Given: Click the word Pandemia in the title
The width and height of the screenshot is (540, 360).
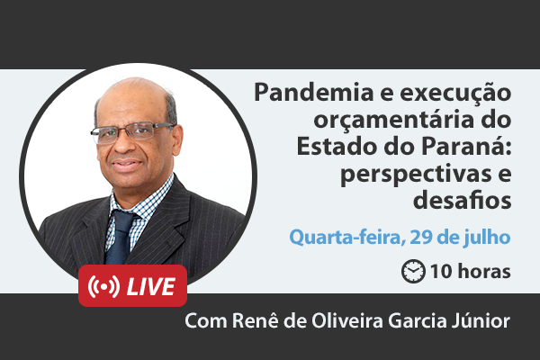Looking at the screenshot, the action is [314, 93].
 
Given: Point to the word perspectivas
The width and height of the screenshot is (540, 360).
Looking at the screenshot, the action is [416, 175].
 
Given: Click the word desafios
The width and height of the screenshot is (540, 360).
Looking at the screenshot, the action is [463, 200].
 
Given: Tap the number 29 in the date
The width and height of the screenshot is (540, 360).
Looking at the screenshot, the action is [421, 237].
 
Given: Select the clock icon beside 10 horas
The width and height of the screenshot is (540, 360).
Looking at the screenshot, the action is [413, 271].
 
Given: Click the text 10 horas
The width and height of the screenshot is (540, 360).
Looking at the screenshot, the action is [471, 272].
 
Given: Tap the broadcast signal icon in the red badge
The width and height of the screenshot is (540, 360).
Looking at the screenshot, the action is [103, 286].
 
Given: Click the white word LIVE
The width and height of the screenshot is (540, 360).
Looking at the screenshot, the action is [151, 286].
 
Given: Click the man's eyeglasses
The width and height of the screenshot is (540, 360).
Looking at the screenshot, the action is [133, 132].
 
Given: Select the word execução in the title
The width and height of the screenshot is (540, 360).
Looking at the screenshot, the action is [455, 94].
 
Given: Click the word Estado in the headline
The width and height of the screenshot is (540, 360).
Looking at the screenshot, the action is [337, 146].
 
